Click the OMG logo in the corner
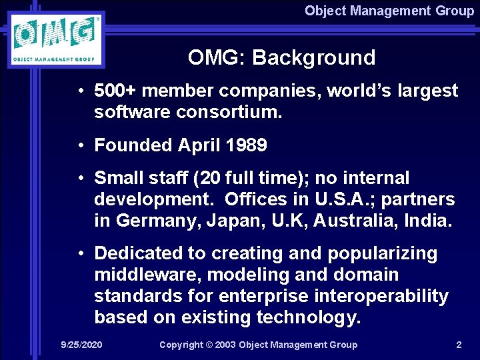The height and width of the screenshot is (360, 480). point(57,39)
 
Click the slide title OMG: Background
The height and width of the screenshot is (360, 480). point(281,58)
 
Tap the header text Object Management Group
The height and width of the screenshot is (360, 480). point(389,11)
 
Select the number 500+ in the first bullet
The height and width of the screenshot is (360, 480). point(117,91)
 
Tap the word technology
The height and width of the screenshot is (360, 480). point(310,317)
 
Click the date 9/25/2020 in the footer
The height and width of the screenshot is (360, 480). point(81,345)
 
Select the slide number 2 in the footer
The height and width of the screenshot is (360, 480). point(458,345)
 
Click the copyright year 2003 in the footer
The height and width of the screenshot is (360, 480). point(223,345)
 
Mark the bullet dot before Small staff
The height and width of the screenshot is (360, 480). point(81,178)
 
